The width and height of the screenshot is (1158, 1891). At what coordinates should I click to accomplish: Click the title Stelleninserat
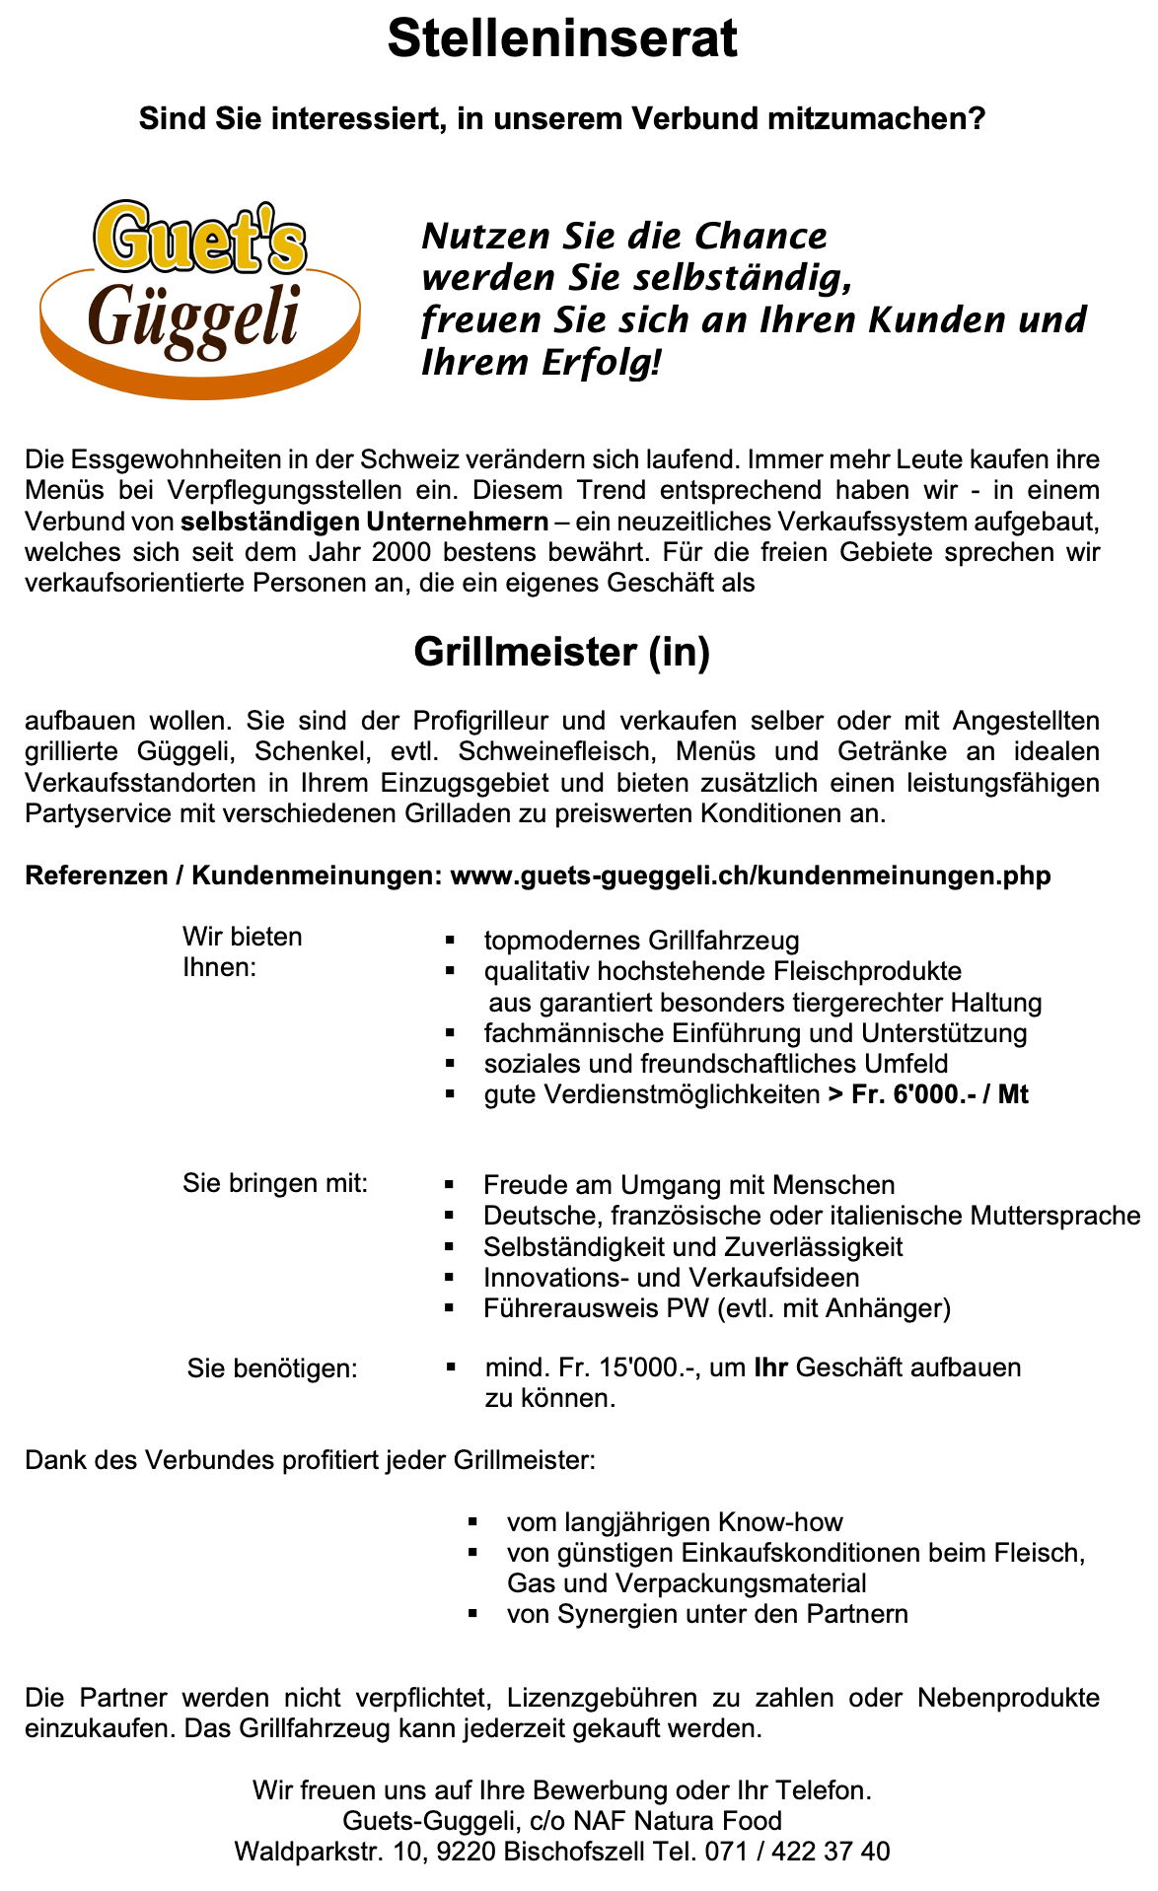(x=562, y=40)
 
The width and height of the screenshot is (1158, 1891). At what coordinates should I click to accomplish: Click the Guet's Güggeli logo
(x=200, y=296)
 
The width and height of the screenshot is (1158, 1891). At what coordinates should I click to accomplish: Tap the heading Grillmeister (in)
(x=562, y=653)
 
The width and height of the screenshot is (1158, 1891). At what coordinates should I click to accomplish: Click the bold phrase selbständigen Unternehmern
(x=365, y=521)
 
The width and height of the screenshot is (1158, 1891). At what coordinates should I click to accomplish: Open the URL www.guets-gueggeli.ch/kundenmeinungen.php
(x=750, y=875)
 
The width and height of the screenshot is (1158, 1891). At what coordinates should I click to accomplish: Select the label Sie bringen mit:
(x=275, y=1183)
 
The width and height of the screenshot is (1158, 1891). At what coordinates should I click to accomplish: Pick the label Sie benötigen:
(x=272, y=1368)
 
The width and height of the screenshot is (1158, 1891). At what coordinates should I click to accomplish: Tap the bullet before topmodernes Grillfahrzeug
(x=450, y=941)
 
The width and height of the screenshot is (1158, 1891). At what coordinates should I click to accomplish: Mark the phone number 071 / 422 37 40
(x=797, y=1852)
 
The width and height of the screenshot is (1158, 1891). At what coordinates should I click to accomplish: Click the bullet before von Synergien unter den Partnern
(x=472, y=1615)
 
